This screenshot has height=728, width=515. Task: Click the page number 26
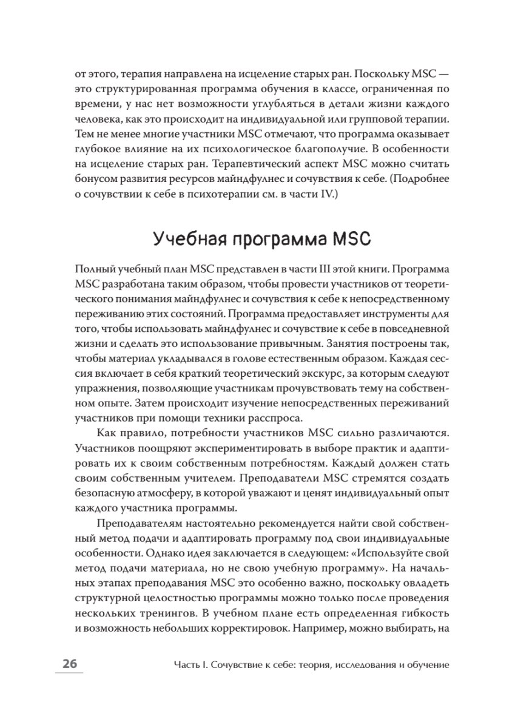(67, 665)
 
